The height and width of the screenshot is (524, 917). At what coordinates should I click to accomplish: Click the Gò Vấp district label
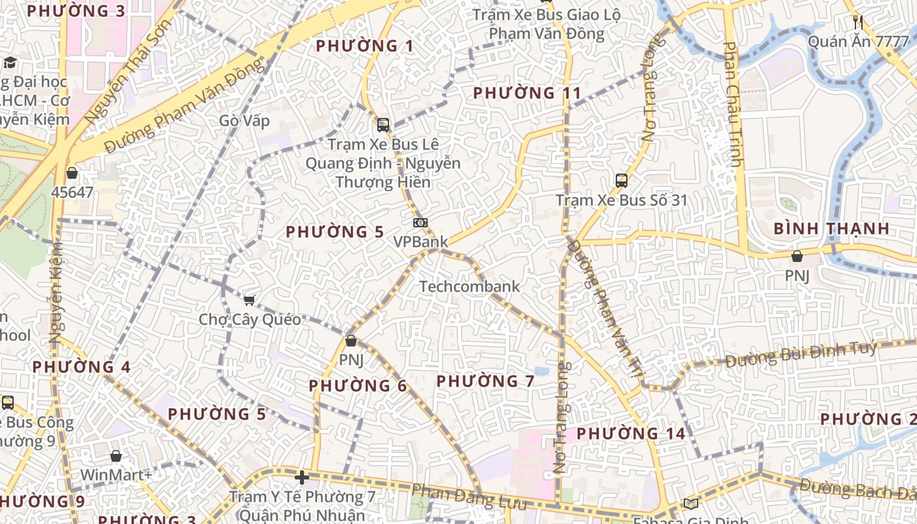click(244, 121)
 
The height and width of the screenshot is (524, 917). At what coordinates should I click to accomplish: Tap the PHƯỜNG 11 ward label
click(527, 93)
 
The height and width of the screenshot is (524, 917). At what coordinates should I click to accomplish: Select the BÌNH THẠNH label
click(831, 229)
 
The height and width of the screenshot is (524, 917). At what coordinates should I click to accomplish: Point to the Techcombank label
click(469, 286)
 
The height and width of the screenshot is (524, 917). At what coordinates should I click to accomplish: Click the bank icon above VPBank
click(421, 223)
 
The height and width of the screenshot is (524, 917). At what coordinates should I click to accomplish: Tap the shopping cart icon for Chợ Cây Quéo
click(249, 300)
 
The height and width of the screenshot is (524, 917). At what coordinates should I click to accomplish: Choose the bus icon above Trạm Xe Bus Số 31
click(621, 180)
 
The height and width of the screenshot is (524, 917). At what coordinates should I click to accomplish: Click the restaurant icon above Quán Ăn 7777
click(858, 22)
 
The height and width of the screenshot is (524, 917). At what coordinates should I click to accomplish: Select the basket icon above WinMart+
click(116, 456)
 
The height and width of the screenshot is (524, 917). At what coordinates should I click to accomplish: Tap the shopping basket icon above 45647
click(72, 174)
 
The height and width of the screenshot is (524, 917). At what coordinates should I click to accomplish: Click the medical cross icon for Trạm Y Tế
click(301, 477)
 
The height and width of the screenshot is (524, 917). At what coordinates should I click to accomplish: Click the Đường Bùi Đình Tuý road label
click(800, 354)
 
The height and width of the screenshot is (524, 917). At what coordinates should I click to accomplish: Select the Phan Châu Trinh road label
click(734, 105)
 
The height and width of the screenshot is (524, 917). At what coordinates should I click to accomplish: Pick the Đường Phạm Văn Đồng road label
click(187, 105)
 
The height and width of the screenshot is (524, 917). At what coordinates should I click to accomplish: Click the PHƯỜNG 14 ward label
click(631, 433)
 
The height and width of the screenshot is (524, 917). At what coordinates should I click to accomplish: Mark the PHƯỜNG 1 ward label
click(364, 46)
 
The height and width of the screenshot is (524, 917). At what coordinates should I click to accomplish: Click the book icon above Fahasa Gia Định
click(690, 503)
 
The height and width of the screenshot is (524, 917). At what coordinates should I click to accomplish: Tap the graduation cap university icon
click(10, 63)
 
